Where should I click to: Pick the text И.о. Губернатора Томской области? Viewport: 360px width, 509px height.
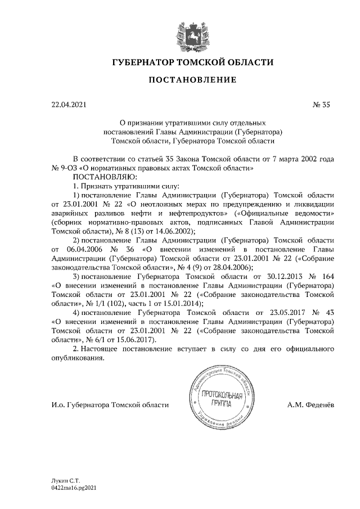click(x=110, y=405)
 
